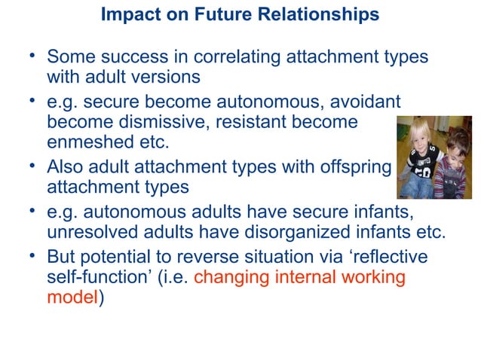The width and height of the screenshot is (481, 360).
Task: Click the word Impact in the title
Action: tap(127, 14)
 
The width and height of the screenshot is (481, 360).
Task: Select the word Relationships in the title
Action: tap(327, 14)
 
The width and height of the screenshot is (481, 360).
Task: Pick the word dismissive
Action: tap(164, 122)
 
